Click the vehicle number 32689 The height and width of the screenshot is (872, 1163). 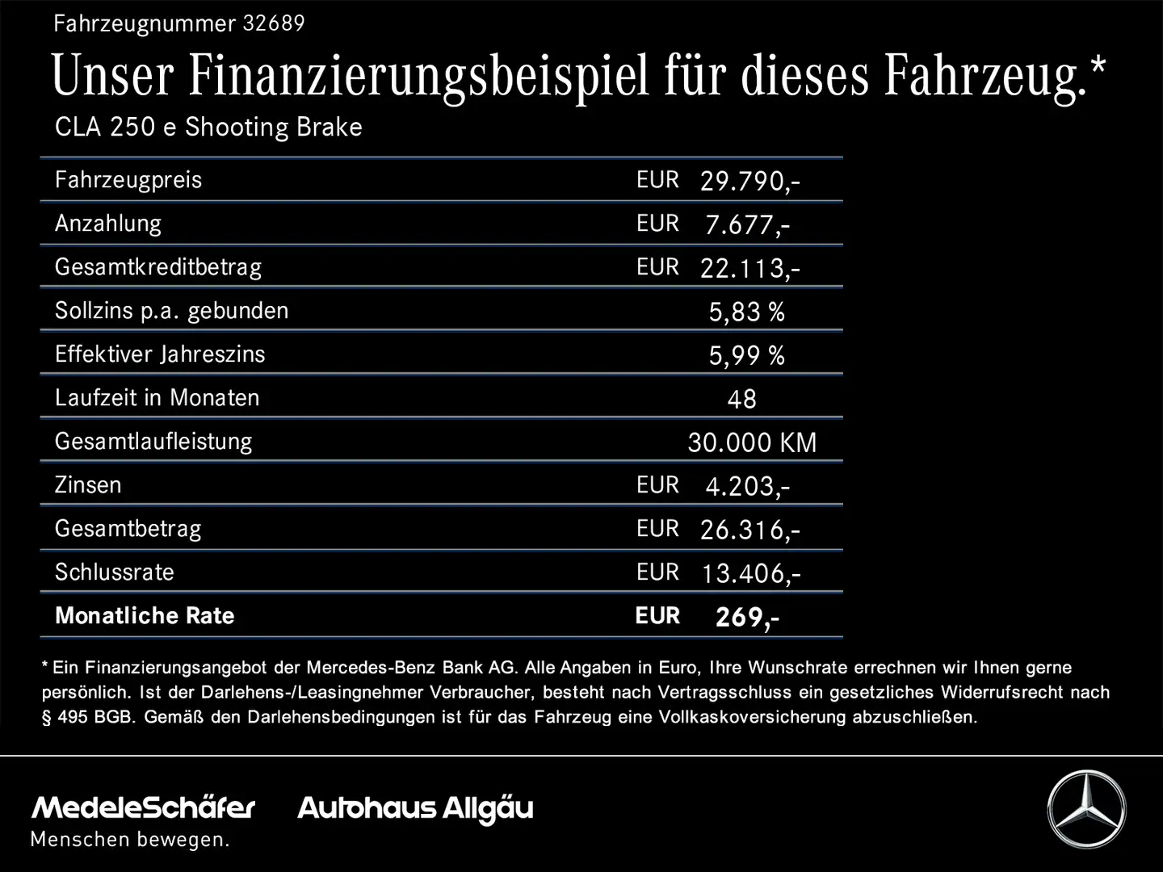tap(273, 23)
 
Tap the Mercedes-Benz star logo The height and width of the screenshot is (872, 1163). tap(1086, 809)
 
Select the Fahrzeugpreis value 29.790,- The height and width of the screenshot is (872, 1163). tap(749, 181)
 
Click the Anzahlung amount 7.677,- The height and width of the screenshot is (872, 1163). tap(747, 224)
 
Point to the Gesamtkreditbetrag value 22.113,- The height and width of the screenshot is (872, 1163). tap(749, 268)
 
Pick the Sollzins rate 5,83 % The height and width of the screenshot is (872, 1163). tap(746, 312)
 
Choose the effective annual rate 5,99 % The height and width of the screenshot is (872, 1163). tap(746, 355)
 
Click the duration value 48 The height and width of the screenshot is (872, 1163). tap(741, 399)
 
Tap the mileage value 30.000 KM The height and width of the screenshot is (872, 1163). tap(752, 442)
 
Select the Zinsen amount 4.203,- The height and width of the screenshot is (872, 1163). tap(747, 486)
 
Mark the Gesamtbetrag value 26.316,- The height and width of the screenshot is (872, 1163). tap(749, 530)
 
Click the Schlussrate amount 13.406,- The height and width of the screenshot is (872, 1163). tap(750, 573)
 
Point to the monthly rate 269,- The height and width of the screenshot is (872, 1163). tap(747, 617)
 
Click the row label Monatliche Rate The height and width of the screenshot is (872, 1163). tap(145, 616)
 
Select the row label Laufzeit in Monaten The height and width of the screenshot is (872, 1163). tap(157, 398)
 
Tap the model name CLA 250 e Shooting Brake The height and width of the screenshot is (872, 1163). tap(208, 128)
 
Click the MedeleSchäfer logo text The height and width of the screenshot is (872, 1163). tap(143, 807)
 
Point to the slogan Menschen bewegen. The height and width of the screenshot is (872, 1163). tap(130, 840)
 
